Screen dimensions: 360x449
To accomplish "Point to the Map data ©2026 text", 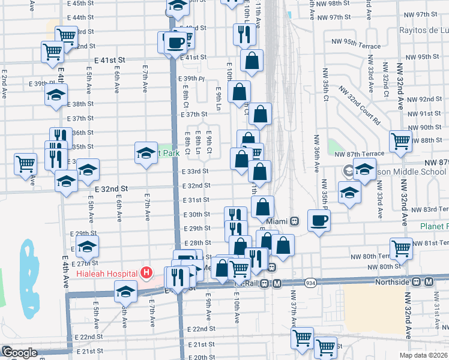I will click(423, 355).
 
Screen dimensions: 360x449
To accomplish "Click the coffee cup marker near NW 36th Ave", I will click(319, 220).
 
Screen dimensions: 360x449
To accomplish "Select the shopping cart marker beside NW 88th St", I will click(400, 141).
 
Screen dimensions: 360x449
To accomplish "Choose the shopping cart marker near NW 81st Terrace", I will click(401, 247).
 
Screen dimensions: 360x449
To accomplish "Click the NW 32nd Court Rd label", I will click(360, 105).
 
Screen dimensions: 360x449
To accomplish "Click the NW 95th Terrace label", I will click(358, 44).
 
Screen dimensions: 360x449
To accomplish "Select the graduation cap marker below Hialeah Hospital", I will click(125, 292).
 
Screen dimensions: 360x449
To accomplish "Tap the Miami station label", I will click(278, 221).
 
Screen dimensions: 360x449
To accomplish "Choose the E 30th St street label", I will click(196, 214).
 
